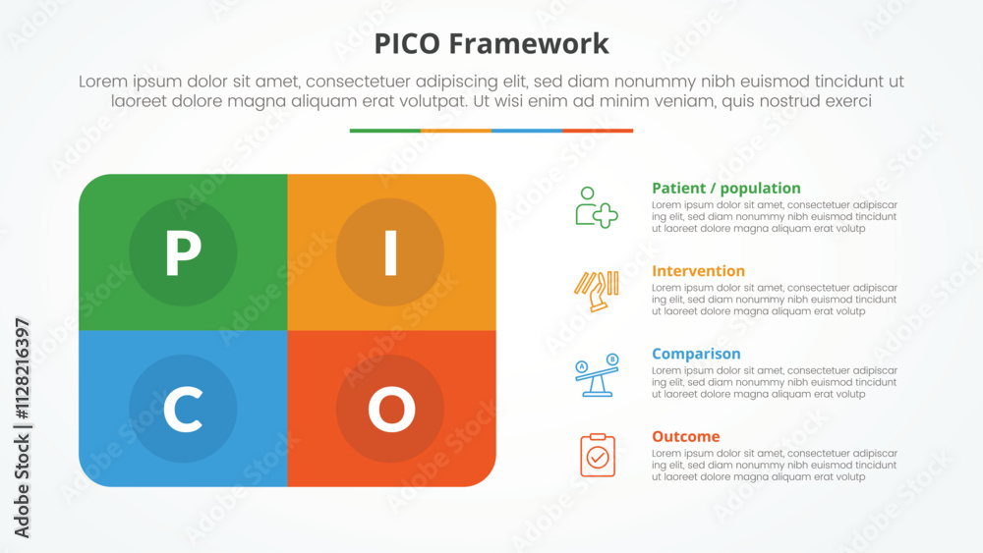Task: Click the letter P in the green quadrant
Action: coord(183,253)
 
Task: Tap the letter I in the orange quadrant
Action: coord(390,253)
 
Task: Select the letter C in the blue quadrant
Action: coord(183,410)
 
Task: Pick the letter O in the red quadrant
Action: coord(390,410)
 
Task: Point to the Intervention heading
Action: coord(698,271)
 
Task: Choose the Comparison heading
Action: coord(696,354)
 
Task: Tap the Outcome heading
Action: coord(685,436)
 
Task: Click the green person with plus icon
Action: coord(596,207)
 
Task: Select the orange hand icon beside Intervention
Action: coord(596,291)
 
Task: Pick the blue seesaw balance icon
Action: coord(596,375)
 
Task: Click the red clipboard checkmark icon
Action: coord(597,456)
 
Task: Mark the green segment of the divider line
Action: coord(384,131)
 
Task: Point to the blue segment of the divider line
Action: coord(526,131)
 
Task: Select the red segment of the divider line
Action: coord(598,131)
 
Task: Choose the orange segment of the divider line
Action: coord(455,131)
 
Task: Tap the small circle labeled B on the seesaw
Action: coord(612,359)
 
